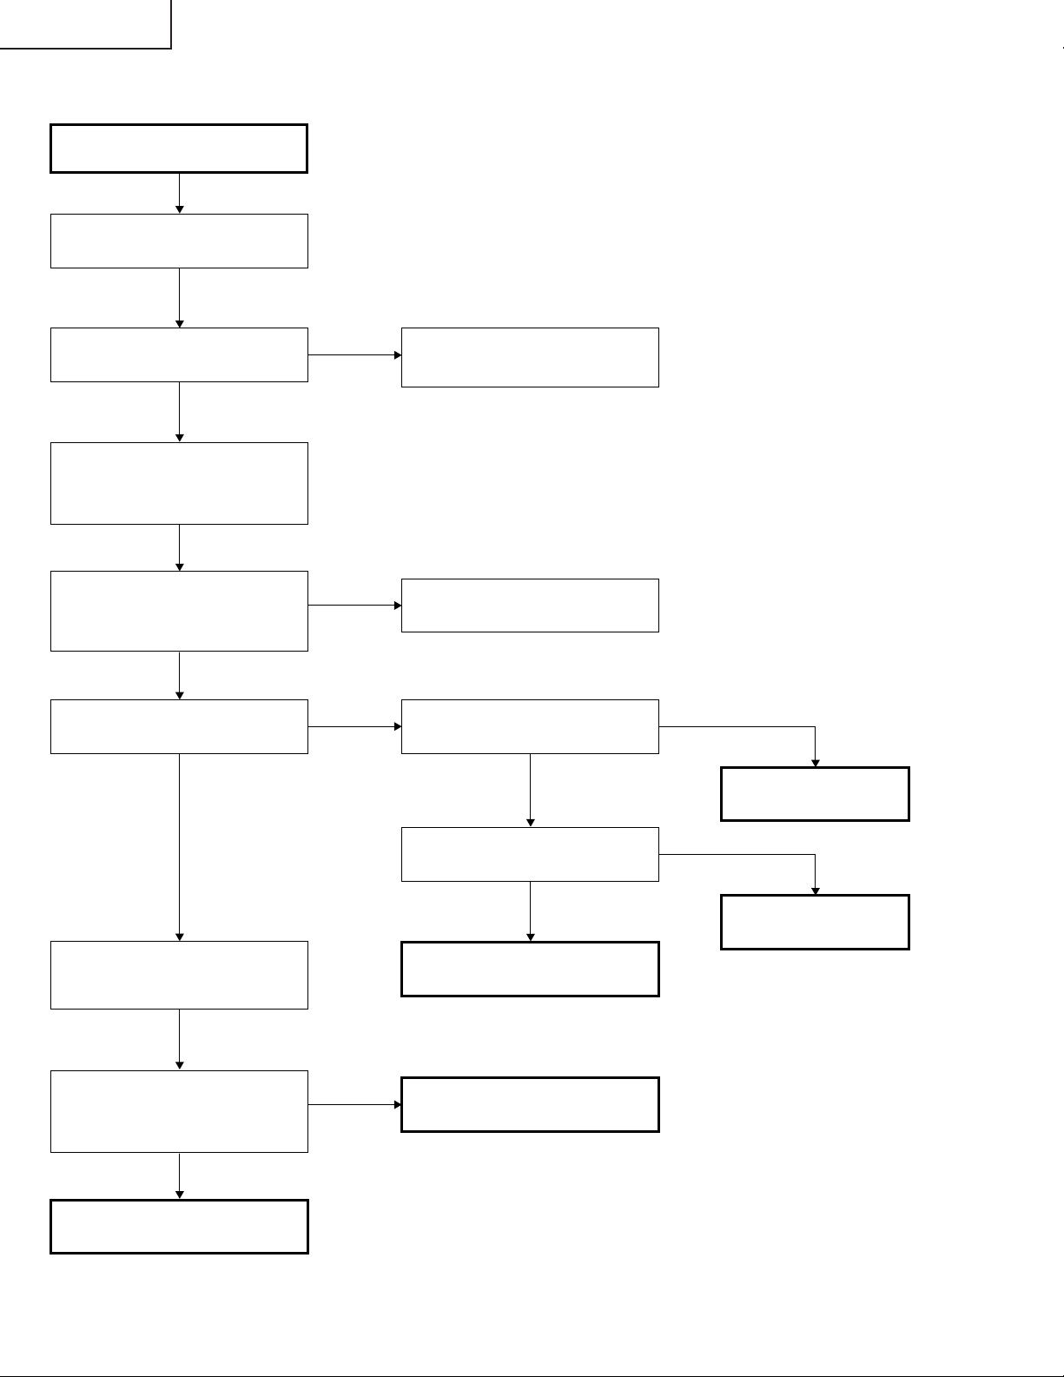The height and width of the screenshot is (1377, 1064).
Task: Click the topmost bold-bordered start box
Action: pyautogui.click(x=179, y=149)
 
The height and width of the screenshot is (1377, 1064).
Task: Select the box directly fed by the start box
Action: pyautogui.click(x=179, y=241)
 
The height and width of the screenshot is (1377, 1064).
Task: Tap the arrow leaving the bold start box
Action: pyautogui.click(x=180, y=193)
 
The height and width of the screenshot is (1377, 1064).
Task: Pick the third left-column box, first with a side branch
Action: pyautogui.click(x=179, y=354)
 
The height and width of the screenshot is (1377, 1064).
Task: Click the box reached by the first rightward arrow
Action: pyautogui.click(x=530, y=357)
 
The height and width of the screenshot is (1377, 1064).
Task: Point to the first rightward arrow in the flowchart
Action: pyautogui.click(x=354, y=355)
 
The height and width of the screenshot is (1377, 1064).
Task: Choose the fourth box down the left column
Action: pyautogui.click(x=179, y=483)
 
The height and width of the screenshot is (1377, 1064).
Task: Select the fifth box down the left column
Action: pyautogui.click(x=179, y=611)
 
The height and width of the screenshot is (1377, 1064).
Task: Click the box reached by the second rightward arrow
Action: pyautogui.click(x=530, y=606)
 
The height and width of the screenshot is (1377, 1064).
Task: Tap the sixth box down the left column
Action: pyautogui.click(x=179, y=726)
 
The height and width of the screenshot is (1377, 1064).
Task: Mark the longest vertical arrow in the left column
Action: pyautogui.click(x=180, y=847)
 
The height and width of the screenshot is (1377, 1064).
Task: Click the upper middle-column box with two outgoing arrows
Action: pyautogui.click(x=530, y=726)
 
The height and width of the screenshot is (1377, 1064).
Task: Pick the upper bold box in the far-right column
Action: pyautogui.click(x=815, y=794)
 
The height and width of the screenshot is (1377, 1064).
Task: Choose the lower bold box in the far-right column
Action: pyautogui.click(x=815, y=922)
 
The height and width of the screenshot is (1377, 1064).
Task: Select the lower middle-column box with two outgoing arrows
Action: pyautogui.click(x=530, y=854)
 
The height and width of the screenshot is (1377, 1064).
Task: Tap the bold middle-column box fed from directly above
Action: pyautogui.click(x=530, y=969)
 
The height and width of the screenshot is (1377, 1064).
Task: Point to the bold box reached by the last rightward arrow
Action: pyautogui.click(x=530, y=1104)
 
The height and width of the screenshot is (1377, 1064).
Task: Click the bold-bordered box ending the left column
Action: pyautogui.click(x=179, y=1227)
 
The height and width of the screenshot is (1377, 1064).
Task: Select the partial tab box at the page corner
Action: pyautogui.click(x=85, y=23)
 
